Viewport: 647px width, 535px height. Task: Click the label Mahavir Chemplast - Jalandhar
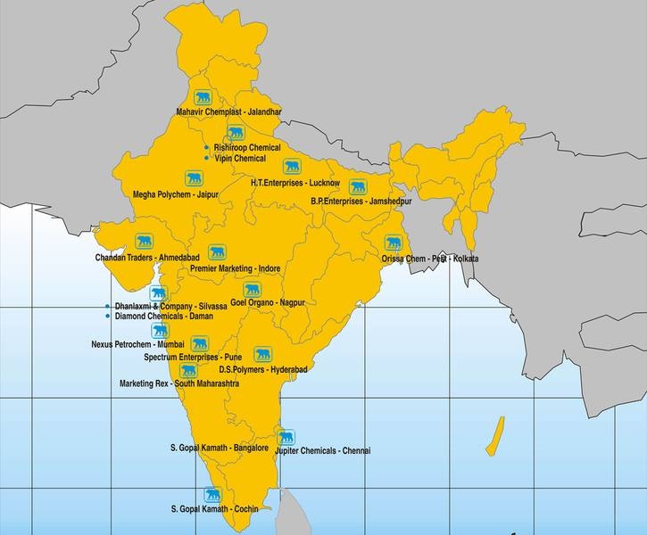coord(228,112)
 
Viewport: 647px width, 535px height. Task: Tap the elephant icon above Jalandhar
coord(203,96)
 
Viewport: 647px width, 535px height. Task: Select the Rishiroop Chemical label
coord(247,147)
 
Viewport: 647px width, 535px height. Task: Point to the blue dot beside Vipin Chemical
coord(207,158)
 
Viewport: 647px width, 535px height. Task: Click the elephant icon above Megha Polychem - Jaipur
coord(193,177)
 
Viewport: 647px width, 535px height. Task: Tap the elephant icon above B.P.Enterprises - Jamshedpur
coord(358,186)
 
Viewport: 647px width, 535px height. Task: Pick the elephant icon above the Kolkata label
coord(393,243)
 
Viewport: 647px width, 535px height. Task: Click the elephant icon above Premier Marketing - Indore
coord(216,252)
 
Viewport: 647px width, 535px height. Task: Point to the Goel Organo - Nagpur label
coord(268,303)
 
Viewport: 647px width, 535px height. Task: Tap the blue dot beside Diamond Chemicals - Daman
coord(108,316)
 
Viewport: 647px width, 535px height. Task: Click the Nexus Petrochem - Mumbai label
coord(137,343)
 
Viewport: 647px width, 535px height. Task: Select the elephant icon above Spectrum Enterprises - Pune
coord(199,342)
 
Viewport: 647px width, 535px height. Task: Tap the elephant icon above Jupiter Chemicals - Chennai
coord(286,437)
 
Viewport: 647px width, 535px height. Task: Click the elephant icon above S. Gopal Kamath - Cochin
coord(212,494)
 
